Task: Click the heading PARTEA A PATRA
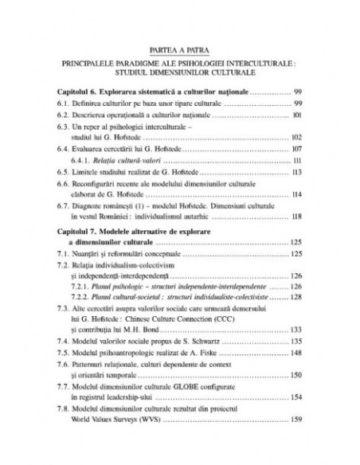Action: (x=179, y=47)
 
